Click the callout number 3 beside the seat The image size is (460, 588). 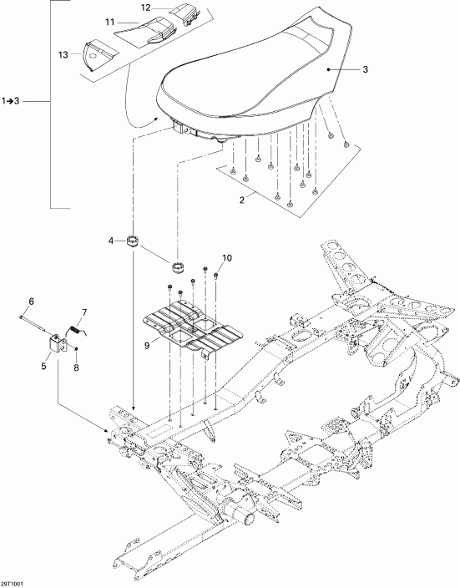365,70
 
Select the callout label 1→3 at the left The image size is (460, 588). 14,101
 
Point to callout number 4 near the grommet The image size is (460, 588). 110,242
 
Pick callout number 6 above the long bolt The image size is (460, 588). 32,302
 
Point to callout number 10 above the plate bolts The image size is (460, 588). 225,258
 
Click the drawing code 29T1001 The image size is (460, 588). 14,582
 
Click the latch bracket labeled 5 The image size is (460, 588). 56,344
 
